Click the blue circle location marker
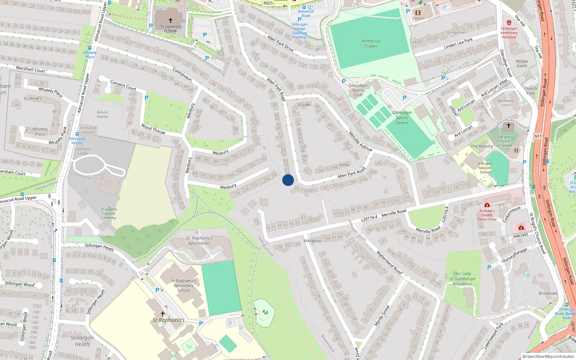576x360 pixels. (x=288, y=180)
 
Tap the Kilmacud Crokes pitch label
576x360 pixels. (x=371, y=44)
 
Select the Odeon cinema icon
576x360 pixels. (x=418, y=13)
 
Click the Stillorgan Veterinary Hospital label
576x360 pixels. (x=509, y=32)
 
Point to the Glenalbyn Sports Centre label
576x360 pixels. (x=402, y=118)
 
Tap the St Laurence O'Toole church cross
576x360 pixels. (x=171, y=21)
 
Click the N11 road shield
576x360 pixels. (x=538, y=136)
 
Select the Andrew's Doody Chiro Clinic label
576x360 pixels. (x=487, y=215)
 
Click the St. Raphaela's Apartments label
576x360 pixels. (x=199, y=240)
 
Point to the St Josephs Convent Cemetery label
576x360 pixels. (x=108, y=213)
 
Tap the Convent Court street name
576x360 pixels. (x=123, y=85)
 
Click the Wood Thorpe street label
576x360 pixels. (x=153, y=129)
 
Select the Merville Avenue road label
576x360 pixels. (x=360, y=141)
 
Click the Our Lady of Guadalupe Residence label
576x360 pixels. (x=462, y=279)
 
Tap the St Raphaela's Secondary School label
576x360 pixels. (x=184, y=285)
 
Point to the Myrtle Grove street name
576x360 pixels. (x=382, y=316)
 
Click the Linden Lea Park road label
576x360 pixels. (x=458, y=44)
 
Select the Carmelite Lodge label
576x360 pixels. (x=82, y=151)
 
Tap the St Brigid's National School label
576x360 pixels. (x=485, y=168)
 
